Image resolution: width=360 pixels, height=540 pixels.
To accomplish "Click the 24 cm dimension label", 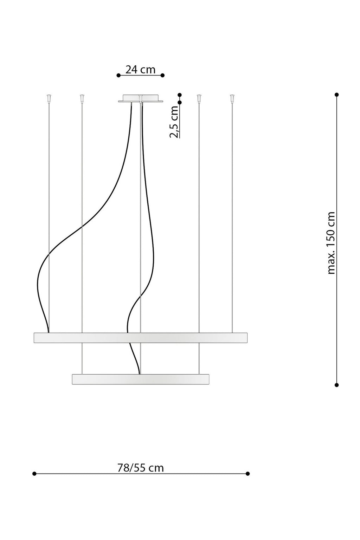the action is point(140,70).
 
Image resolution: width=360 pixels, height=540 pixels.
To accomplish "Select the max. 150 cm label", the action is point(331,243).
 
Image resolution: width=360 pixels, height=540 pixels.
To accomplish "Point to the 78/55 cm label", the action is point(140,468).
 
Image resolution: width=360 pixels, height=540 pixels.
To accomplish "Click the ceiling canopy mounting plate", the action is point(140,98).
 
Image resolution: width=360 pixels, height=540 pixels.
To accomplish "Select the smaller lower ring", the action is point(140,379).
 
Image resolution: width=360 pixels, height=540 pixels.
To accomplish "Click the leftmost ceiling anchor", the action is point(49,98).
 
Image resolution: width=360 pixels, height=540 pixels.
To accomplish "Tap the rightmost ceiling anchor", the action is point(232,98).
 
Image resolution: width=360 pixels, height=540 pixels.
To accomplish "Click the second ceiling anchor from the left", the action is point(82,98).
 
